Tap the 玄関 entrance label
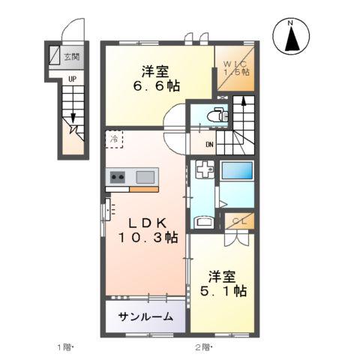tap(72, 57)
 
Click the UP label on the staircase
tap(72, 79)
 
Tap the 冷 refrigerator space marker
tap(115, 139)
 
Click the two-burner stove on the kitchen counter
tap(118, 177)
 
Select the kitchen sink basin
tap(145, 177)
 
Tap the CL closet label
tap(238, 220)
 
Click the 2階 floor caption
tap(204, 346)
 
